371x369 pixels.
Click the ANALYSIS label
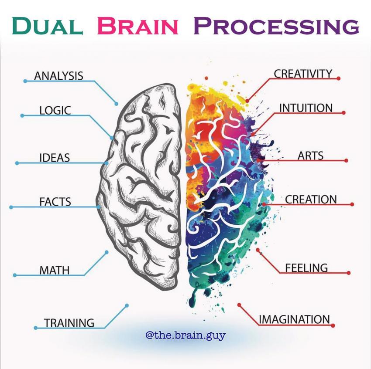pos(58,75)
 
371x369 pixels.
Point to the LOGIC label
pos(55,110)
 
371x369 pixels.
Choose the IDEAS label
pos(55,157)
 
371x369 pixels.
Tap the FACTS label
pos(55,202)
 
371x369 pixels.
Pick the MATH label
pos(55,270)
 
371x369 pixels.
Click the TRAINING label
pos(69,323)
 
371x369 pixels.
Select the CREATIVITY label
pos(303,74)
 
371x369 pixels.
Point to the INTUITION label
pos(306,108)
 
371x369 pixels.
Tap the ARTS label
pos(310,155)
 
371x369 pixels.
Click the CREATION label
pos(311,199)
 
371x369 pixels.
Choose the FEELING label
pos(306,267)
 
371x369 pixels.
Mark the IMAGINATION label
pos(294,319)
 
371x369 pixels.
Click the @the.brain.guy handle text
pos(185,336)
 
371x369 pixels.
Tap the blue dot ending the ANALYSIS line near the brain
pos(117,104)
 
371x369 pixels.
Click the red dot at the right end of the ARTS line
pos(346,160)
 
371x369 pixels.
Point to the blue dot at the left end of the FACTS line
pos(11,207)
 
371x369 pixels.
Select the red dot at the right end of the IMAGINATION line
pos(333,325)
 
